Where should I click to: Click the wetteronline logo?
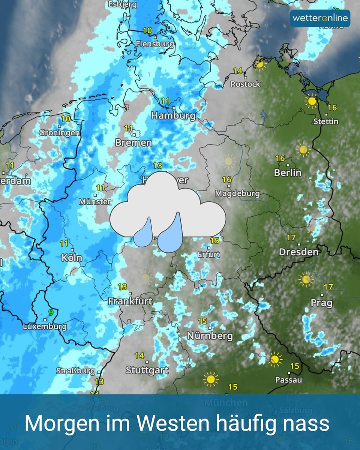[320, 18]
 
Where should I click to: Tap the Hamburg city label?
[173, 115]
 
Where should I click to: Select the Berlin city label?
[288, 172]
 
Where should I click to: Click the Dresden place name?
[298, 252]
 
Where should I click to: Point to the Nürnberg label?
[210, 336]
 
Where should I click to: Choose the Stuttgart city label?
[147, 370]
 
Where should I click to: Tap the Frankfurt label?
[130, 301]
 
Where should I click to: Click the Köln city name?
[72, 258]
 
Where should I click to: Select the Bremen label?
[133, 142]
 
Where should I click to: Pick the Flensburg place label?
[155, 44]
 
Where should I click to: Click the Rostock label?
[245, 84]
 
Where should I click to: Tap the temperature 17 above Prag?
[328, 287]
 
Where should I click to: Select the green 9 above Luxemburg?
[50, 312]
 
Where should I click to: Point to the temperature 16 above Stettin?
[332, 108]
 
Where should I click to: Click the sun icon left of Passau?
[275, 359]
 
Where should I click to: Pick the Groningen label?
[60, 132]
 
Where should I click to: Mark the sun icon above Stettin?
[311, 101]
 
